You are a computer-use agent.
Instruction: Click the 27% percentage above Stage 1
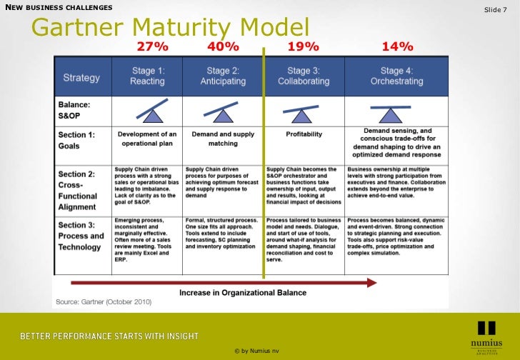coord(154,47)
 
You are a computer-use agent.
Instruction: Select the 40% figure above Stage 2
coord(223,47)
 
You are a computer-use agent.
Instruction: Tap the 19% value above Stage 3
coord(303,47)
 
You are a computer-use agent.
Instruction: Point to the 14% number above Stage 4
coord(398,47)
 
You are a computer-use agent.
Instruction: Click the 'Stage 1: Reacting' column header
coord(147,76)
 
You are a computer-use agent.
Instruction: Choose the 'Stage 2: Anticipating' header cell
coord(223,76)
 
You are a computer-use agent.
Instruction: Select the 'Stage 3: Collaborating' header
coord(304,76)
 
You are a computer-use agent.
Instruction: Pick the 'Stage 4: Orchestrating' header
coord(396,76)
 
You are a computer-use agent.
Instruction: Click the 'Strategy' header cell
coord(81,77)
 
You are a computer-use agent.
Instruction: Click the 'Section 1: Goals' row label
coord(76,139)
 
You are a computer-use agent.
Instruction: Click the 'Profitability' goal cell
coord(304,134)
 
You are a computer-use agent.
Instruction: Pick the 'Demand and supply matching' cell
coord(223,138)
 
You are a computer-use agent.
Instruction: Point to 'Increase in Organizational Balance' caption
coord(243,292)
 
